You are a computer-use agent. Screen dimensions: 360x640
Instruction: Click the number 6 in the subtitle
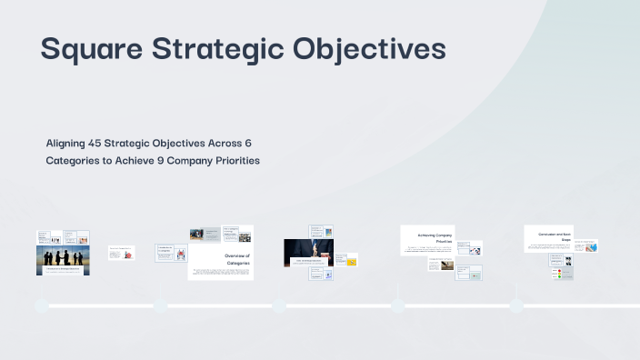pyautogui.click(x=247, y=144)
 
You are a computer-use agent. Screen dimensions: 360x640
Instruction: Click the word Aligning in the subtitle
pyautogui.click(x=72, y=144)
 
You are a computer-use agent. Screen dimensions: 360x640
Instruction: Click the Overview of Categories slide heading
pyautogui.click(x=235, y=260)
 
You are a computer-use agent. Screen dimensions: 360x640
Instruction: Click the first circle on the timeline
pyautogui.click(x=41, y=305)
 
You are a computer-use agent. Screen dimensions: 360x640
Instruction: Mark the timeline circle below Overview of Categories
pyautogui.click(x=160, y=305)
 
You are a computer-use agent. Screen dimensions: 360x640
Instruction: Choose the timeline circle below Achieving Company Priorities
pyautogui.click(x=397, y=305)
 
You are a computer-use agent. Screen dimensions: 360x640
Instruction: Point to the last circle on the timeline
pyautogui.click(x=516, y=305)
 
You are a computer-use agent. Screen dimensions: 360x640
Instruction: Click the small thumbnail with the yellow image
pyautogui.click(x=351, y=262)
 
